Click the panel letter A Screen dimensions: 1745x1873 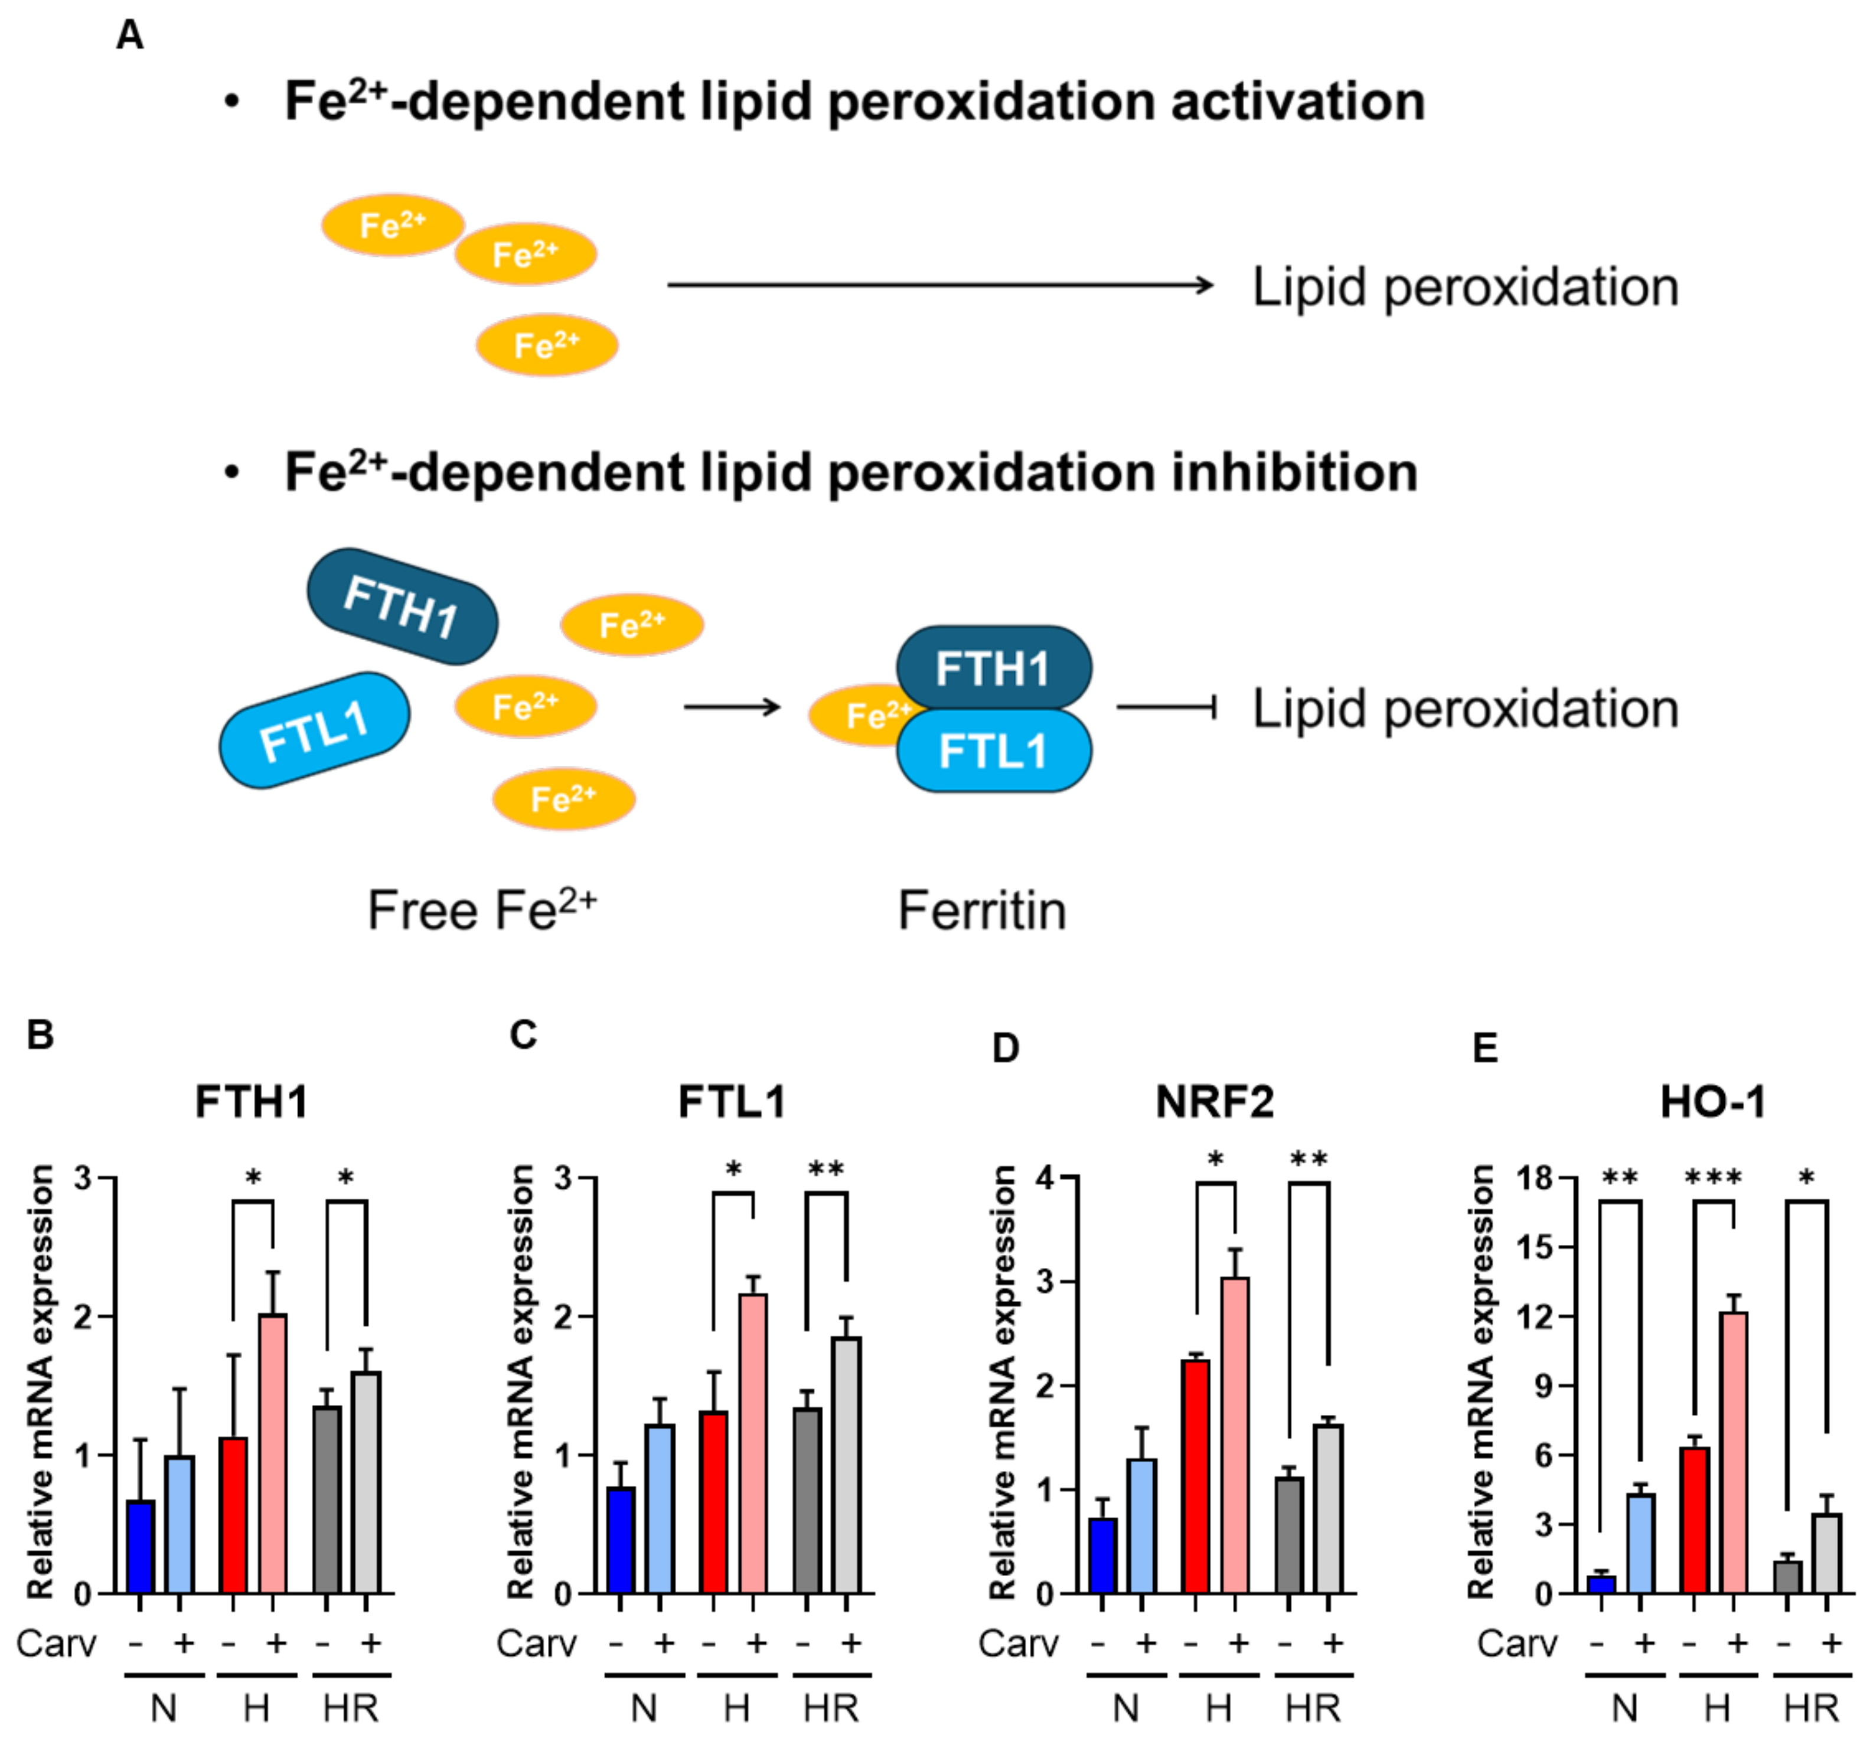click(130, 36)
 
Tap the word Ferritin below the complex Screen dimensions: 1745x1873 click(982, 911)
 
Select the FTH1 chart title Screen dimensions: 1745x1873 click(252, 1101)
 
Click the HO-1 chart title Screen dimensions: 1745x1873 click(1713, 1101)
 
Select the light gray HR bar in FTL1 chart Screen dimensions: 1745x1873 click(846, 1465)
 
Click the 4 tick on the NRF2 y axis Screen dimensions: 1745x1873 click(1044, 1177)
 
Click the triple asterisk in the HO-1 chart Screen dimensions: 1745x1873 click(1714, 1178)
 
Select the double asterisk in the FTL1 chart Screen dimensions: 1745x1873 click(826, 1170)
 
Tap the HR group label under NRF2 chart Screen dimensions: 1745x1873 click(1313, 1707)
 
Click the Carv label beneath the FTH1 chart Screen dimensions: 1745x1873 click(57, 1643)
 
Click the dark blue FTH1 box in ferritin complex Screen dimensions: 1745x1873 click(993, 668)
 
